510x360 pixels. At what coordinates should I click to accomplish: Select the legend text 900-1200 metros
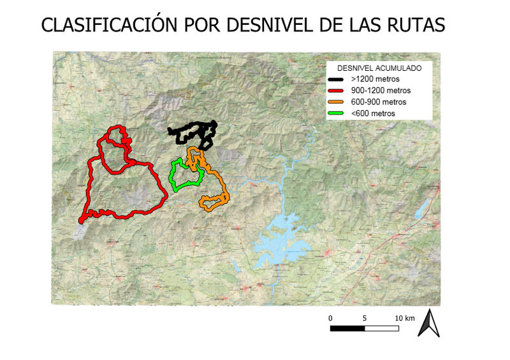pyautogui.click(x=381, y=90)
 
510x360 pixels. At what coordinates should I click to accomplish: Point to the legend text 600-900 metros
pyautogui.click(x=379, y=102)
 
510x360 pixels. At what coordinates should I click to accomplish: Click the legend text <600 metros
pyautogui.click(x=373, y=113)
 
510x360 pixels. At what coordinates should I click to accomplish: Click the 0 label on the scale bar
pyautogui.click(x=330, y=317)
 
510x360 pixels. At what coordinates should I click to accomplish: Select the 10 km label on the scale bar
pyautogui.click(x=405, y=317)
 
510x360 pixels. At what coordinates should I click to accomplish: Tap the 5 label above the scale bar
pyautogui.click(x=365, y=317)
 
